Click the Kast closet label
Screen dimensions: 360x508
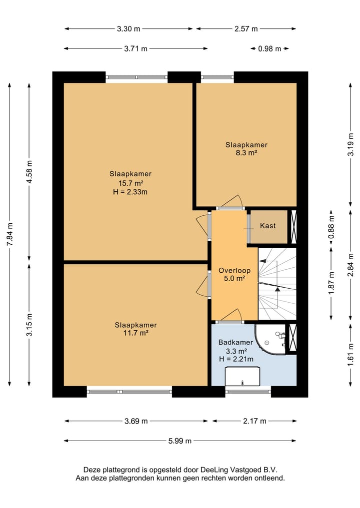coord(267,226)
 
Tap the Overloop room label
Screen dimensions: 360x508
coord(234,271)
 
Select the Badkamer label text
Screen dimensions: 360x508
coord(235,342)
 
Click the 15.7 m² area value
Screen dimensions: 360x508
coord(130,183)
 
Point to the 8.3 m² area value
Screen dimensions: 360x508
coord(246,152)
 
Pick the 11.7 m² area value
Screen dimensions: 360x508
coord(135,333)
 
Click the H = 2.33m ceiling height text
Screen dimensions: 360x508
coord(130,192)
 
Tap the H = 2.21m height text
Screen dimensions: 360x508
coord(236,359)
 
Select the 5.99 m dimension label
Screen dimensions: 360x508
coord(179,441)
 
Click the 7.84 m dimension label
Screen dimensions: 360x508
coord(9,234)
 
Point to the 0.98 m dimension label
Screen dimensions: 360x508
coord(269,48)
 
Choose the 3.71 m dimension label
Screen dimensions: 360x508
coord(135,48)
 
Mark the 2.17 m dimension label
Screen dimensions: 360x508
coord(254,421)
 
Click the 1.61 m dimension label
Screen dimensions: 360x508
coord(350,355)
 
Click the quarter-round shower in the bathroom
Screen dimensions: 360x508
coord(270,339)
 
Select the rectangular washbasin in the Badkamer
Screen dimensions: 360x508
coord(242,376)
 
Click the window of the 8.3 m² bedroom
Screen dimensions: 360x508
coord(217,77)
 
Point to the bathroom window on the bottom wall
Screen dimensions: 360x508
coord(248,392)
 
